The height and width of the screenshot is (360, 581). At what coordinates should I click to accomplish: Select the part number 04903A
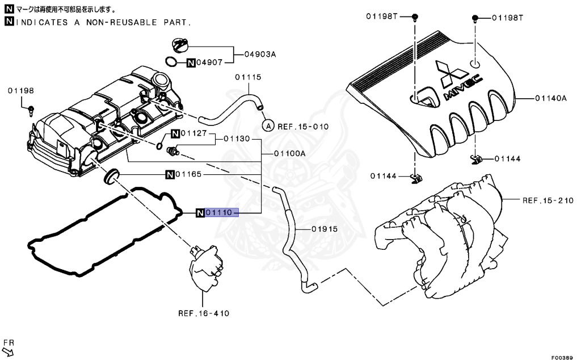pyautogui.click(x=260, y=55)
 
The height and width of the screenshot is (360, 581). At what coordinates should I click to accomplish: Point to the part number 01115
pyautogui.click(x=249, y=77)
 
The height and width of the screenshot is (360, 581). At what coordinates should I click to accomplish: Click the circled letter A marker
pyautogui.click(x=268, y=125)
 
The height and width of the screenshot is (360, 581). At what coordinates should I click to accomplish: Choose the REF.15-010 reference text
pyautogui.click(x=303, y=126)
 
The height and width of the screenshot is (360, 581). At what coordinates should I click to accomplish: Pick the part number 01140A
pyautogui.click(x=550, y=98)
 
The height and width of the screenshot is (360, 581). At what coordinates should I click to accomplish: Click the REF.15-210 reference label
pyautogui.click(x=548, y=200)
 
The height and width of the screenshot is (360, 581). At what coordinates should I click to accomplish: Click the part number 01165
pyautogui.click(x=188, y=174)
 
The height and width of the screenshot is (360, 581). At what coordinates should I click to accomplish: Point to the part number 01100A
pyautogui.click(x=290, y=153)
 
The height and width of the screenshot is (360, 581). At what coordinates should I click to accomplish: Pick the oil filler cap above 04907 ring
pyautogui.click(x=180, y=44)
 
